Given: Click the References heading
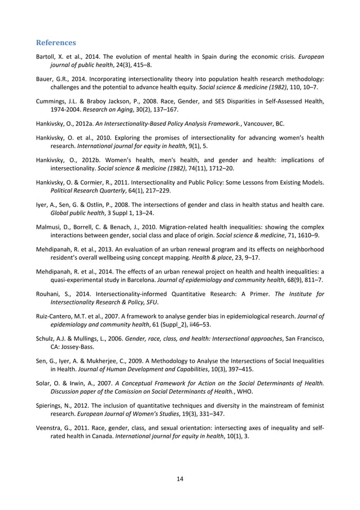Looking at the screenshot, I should click(x=56, y=42).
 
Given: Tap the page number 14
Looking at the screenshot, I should click(x=180, y=480).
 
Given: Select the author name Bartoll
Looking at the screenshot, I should click(x=46, y=57).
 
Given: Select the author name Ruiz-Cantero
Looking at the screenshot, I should click(x=57, y=315).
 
